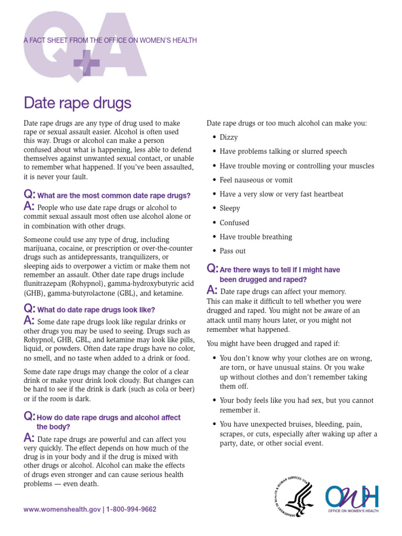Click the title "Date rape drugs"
77,102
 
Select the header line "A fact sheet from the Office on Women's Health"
110,41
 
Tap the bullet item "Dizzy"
229,137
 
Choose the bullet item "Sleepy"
230,208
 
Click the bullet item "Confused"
234,222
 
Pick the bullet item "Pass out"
232,251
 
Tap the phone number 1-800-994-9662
131,509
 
